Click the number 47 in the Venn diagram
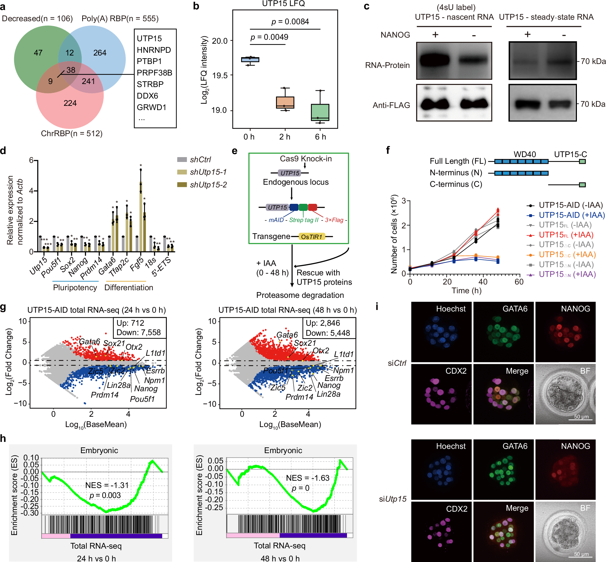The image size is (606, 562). click(x=38, y=53)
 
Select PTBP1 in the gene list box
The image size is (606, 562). click(x=149, y=61)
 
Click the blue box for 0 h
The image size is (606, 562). click(x=250, y=60)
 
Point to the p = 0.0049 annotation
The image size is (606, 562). click(x=269, y=37)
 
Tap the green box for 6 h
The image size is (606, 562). click(x=320, y=112)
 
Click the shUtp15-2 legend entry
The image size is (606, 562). click(x=208, y=185)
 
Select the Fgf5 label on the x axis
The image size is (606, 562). click(x=137, y=263)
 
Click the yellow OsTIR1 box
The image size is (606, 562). click(x=312, y=237)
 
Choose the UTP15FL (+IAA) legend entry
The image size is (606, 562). click(x=561, y=235)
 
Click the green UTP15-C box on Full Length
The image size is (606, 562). click(x=582, y=161)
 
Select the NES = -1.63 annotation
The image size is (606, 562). click(x=308, y=478)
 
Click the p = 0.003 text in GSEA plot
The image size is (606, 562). click(x=105, y=495)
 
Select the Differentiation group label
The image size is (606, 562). click(x=129, y=288)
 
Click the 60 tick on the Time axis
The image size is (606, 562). click(x=519, y=282)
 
